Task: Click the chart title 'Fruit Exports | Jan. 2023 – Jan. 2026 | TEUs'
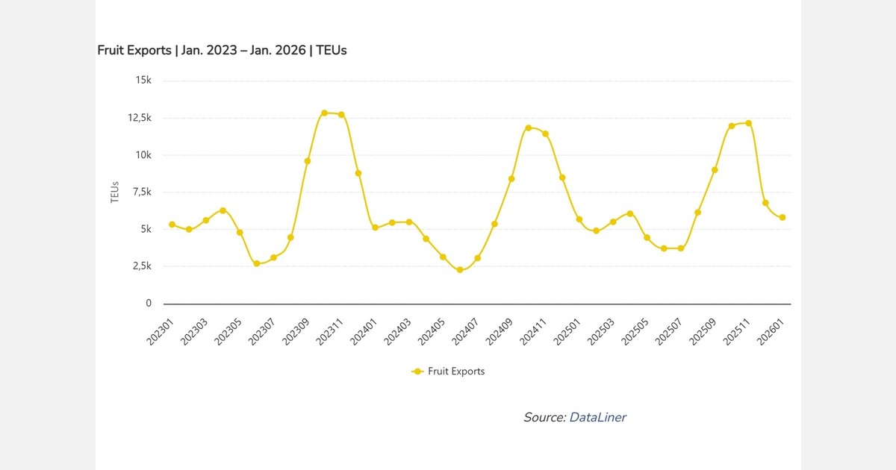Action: click(x=222, y=51)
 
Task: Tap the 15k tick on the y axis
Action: click(x=143, y=81)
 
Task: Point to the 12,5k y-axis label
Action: click(x=140, y=118)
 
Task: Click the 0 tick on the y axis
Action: click(x=149, y=304)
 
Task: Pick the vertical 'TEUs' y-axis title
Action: click(x=115, y=192)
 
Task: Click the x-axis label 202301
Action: click(x=164, y=328)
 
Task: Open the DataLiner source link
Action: click(x=597, y=418)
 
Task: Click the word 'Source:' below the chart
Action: click(x=544, y=418)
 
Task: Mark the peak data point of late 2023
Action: click(x=324, y=113)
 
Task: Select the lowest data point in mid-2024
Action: click(x=460, y=270)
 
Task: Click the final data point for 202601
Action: click(x=783, y=218)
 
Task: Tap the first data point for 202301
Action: click(x=172, y=225)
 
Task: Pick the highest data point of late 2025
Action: click(x=748, y=123)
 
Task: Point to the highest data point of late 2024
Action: click(x=528, y=128)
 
